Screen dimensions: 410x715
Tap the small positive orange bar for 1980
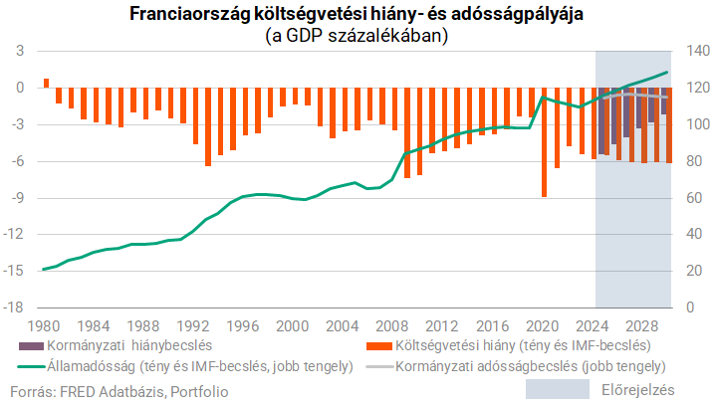tap(46, 83)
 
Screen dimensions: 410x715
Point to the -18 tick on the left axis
tap(18, 307)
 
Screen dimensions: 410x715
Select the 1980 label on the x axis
tap(43, 326)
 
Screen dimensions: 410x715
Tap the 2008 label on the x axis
tap(392, 326)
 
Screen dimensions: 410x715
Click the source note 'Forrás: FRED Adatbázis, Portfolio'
tap(123, 392)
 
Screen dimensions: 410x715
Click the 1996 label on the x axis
tap(242, 326)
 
